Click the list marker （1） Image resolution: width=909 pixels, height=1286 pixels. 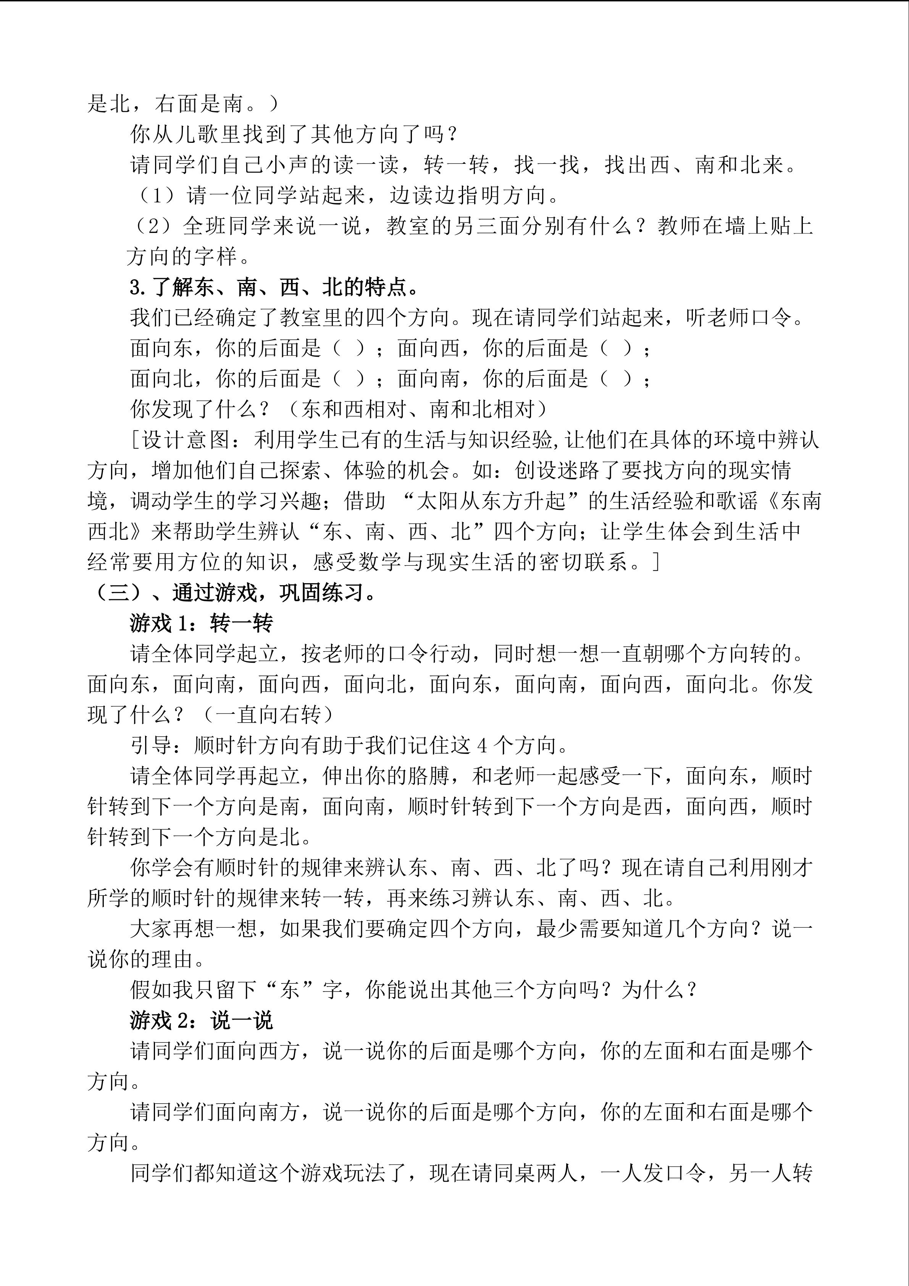[158, 196]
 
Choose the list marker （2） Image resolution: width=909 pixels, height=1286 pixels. [156, 226]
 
